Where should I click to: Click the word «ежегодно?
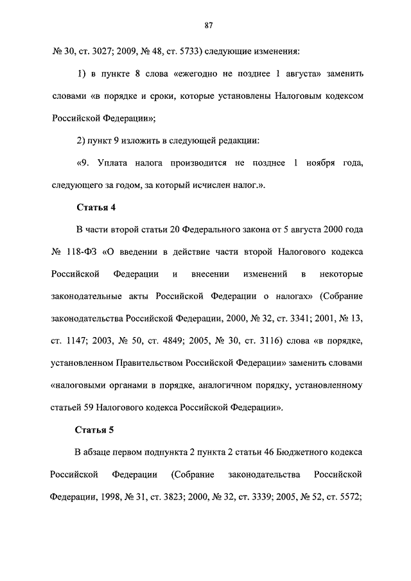(x=195, y=73)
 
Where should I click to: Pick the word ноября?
(x=326, y=162)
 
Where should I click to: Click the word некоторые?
(x=341, y=274)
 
